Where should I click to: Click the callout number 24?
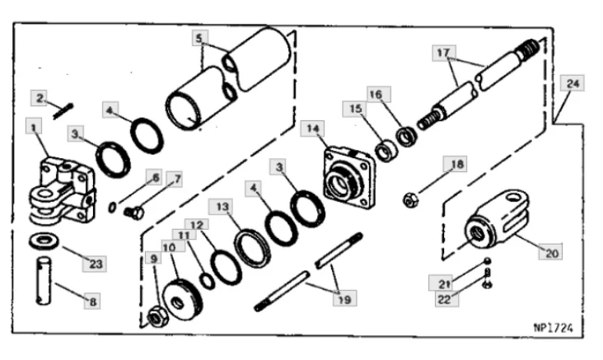tap(573, 83)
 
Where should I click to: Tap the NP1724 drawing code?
tap(553, 328)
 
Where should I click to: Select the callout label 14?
tap(313, 129)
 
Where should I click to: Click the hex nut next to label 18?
tap(411, 200)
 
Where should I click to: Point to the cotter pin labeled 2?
tap(63, 111)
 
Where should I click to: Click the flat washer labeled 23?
tap(44, 241)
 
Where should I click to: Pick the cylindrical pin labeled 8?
tap(44, 281)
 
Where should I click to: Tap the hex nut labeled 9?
tap(157, 317)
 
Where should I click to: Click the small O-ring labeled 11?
tap(208, 281)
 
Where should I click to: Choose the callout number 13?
tap(222, 207)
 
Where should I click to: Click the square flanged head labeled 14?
tap(349, 178)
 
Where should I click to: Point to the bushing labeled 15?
tap(386, 152)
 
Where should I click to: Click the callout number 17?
tap(443, 53)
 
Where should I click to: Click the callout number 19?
tap(344, 299)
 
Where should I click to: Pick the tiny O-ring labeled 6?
tap(112, 208)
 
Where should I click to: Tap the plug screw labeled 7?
tap(134, 212)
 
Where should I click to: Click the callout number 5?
tap(199, 38)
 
